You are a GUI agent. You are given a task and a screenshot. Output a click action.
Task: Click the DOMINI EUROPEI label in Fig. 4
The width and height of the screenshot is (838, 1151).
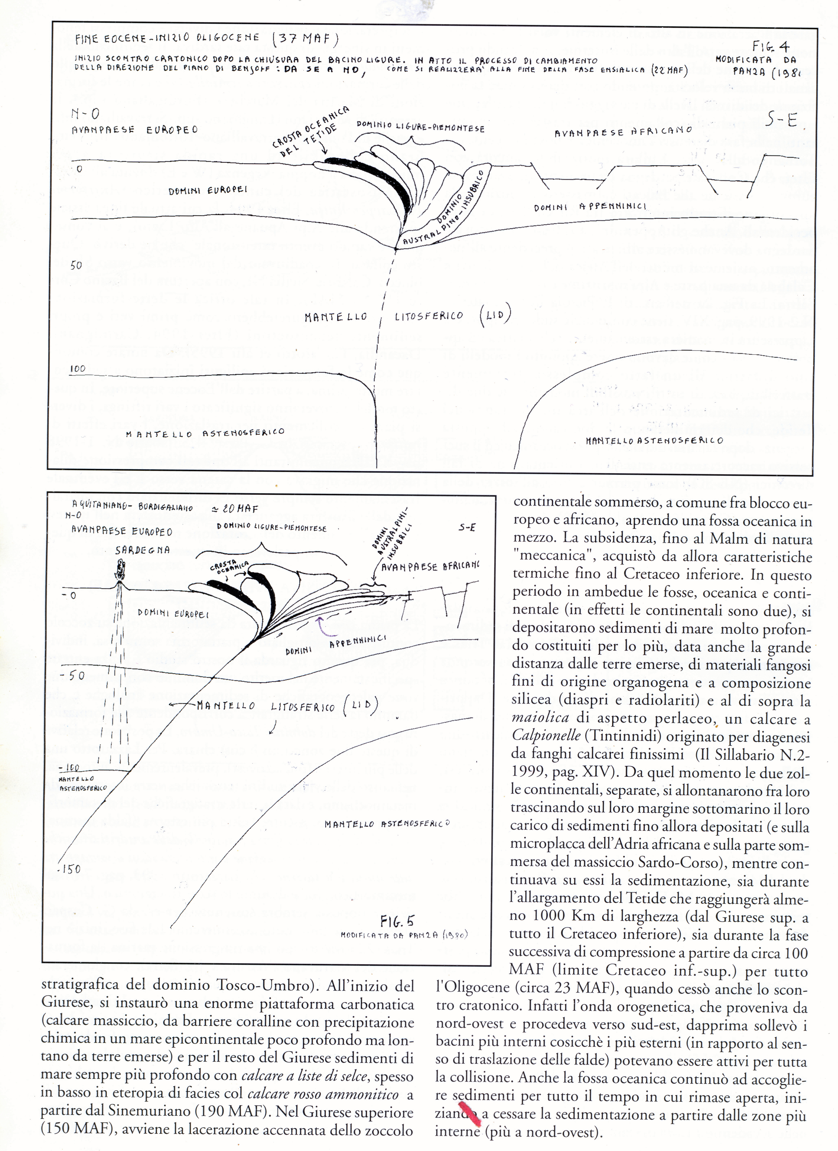[208, 190]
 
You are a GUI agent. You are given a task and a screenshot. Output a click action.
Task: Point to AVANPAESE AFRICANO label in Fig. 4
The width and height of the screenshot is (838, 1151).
[623, 131]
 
